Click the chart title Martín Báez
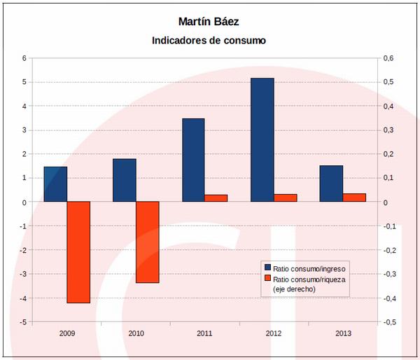point(209,22)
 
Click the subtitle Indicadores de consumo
point(209,41)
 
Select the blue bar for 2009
point(55,184)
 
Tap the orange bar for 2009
point(78,252)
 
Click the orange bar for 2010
point(148,242)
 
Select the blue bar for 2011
point(193,160)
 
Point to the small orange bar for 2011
point(216,198)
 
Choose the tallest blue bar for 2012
point(262,140)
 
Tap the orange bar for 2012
point(285,198)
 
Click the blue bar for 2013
point(331,184)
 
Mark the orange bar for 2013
point(354,198)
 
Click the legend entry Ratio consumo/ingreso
point(309,268)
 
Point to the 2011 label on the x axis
point(204,334)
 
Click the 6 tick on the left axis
point(24,58)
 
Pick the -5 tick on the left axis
point(23,322)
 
